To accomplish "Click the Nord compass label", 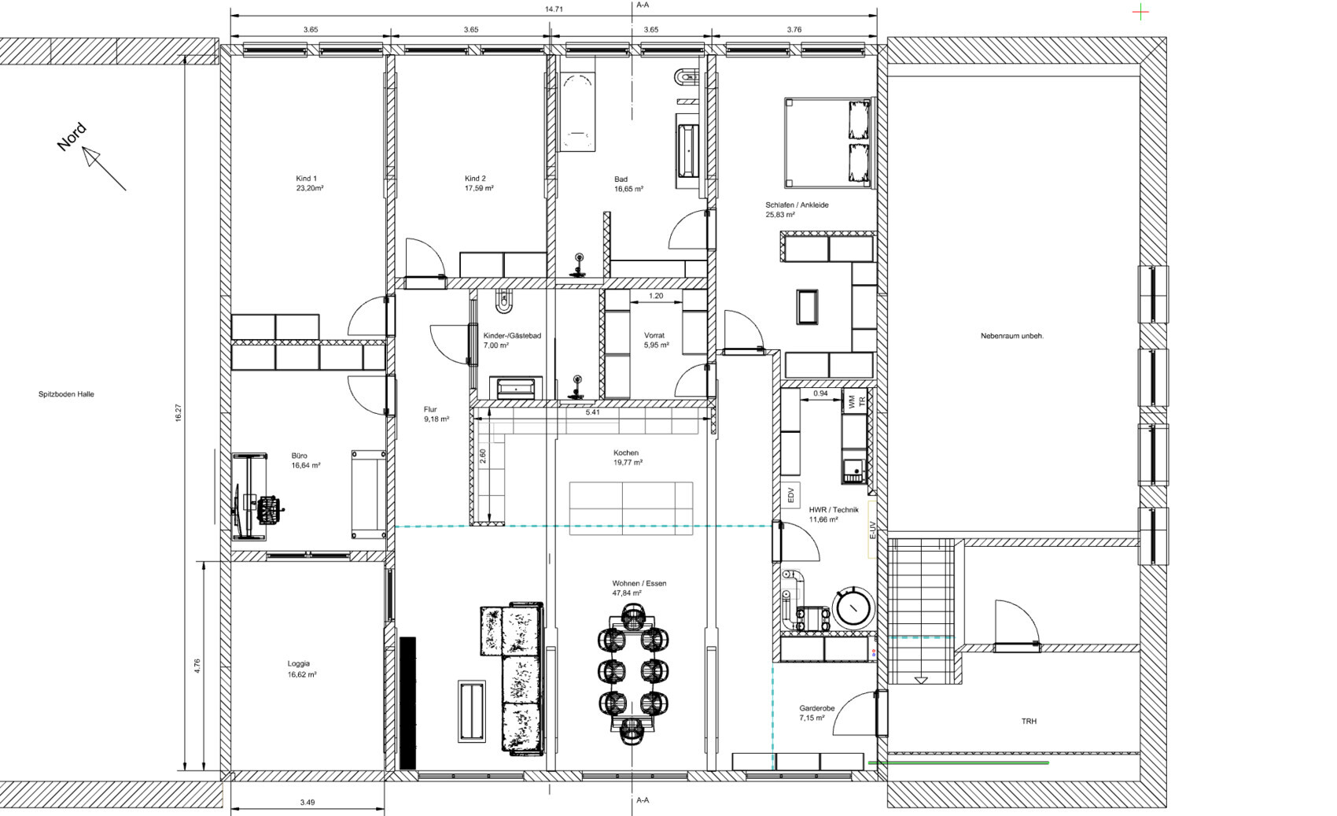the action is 72,137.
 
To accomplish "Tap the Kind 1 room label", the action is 306,179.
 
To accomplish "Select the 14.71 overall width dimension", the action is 554,9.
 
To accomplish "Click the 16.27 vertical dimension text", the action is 178,413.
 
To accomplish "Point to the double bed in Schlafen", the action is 827,143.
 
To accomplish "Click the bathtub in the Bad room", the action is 577,112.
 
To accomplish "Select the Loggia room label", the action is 298,663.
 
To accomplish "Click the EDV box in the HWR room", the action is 790,495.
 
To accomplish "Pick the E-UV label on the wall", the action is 872,530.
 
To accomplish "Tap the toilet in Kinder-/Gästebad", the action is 504,301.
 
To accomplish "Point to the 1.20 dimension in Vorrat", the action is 655,296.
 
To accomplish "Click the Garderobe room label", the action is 817,708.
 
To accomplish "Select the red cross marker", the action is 1140,11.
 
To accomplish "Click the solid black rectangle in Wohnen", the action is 407,703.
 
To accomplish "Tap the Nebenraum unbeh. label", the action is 1011,336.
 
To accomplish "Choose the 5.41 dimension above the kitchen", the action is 592,412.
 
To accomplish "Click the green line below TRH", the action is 959,762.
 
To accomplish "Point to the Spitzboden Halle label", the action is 66,394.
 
